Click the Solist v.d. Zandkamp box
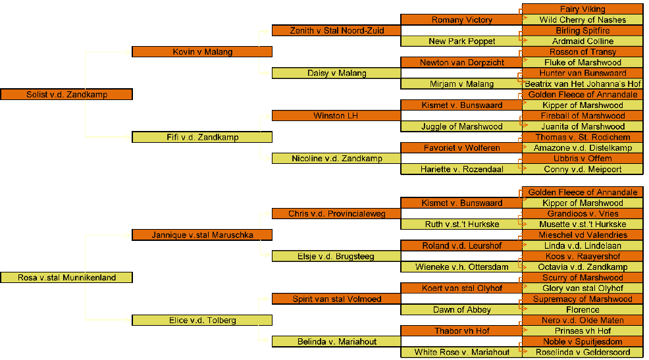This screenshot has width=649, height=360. pos(66,95)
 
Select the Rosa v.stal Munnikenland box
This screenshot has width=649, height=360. pos(66,278)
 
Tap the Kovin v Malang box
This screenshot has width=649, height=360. pos(202,52)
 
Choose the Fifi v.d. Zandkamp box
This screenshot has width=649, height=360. pos(202,138)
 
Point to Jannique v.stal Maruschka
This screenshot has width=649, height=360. pos(202,235)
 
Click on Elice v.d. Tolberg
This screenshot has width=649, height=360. pos(202,321)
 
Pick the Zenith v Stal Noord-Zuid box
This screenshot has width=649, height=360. pos(336,31)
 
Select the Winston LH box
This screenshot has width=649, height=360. pos(336,116)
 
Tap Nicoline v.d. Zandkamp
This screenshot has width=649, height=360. pos(336,159)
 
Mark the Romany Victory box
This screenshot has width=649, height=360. pos(461,20)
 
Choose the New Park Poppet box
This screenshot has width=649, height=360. pos(461,41)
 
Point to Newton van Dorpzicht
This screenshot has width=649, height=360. pos(461,63)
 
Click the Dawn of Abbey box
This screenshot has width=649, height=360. pos(461,310)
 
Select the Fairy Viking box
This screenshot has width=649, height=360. pos(583,9)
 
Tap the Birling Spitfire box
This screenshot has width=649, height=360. pos(583,31)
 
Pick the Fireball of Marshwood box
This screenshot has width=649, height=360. pos(583,116)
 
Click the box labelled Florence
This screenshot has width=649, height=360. pos(583,310)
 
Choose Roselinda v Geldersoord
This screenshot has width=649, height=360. pos(583,353)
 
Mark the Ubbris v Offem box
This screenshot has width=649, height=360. pos(583,159)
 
